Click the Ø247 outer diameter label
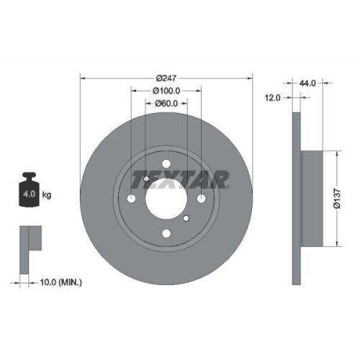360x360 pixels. pyautogui.click(x=166, y=78)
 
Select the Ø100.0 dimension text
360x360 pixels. pyautogui.click(x=166, y=91)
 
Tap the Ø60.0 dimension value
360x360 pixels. pyautogui.click(x=166, y=104)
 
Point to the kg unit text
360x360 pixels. pyautogui.click(x=47, y=195)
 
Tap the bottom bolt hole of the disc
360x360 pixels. pyautogui.click(x=166, y=232)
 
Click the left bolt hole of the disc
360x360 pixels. pyautogui.click(x=132, y=198)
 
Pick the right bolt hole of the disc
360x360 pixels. pyautogui.click(x=201, y=198)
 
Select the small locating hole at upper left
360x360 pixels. pyautogui.click(x=146, y=179)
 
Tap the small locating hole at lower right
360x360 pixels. pyautogui.click(x=186, y=218)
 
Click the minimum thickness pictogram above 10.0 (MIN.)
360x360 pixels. pyautogui.click(x=29, y=238)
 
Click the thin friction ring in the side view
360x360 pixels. pyautogui.click(x=295, y=198)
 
